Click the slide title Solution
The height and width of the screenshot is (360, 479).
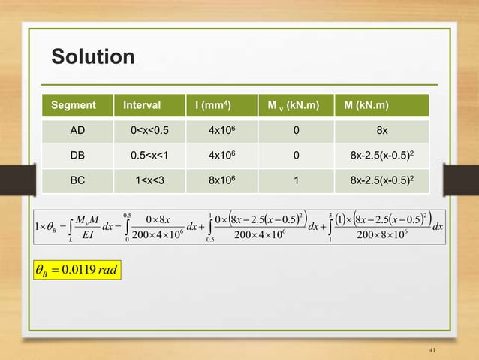pyautogui.click(x=92, y=57)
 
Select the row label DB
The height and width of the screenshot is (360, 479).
pyautogui.click(x=77, y=156)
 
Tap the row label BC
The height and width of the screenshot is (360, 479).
pyautogui.click(x=77, y=181)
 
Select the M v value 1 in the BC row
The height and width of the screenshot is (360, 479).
pyautogui.click(x=297, y=181)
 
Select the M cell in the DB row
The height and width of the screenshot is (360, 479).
pyautogui.click(x=382, y=156)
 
